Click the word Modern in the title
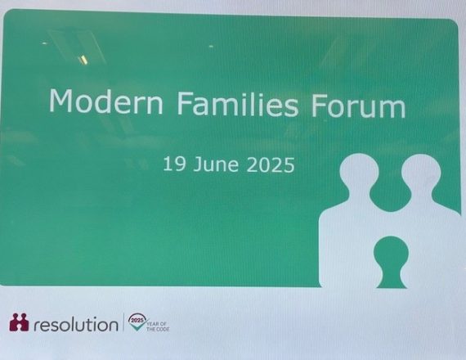coord(106,101)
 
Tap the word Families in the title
coord(238,102)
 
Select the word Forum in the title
coord(358,105)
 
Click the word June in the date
coord(216,164)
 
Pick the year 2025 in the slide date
coord(271,164)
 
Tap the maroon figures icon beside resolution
coord(19,322)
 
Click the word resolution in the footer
coord(76,324)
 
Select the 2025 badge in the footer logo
coord(137,321)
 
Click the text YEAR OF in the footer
coord(157,324)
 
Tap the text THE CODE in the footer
coord(158,329)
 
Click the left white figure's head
coord(359,173)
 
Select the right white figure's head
coord(421,173)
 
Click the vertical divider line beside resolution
coord(123,322)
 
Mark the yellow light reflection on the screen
coord(83,60)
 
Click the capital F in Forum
coord(319,104)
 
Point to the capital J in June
coord(198,164)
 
